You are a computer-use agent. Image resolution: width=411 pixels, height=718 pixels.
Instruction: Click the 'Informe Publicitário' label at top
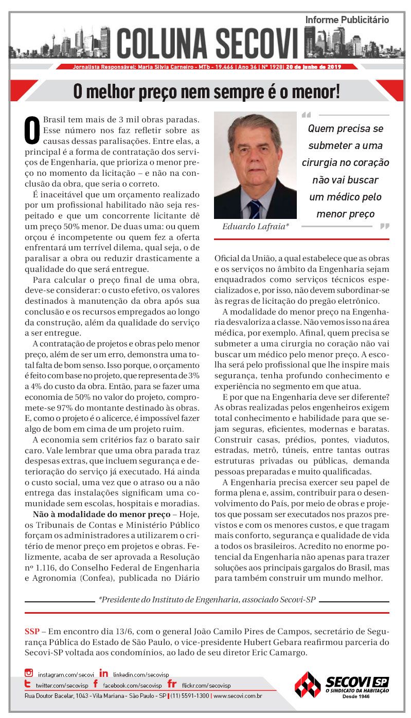[x=347, y=20]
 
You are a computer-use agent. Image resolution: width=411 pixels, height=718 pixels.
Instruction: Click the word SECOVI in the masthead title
[x=256, y=43]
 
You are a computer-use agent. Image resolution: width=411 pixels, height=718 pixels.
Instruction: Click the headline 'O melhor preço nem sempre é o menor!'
[x=206, y=92]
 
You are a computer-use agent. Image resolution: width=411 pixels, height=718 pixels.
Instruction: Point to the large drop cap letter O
[x=32, y=130]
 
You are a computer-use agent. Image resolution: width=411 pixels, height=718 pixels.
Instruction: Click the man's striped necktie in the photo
[x=255, y=209]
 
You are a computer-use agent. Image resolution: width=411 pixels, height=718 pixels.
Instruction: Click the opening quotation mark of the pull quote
[x=307, y=115]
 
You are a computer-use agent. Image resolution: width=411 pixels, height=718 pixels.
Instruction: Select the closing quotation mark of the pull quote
[x=384, y=226]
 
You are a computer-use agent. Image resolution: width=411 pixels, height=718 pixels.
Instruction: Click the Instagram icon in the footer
[x=29, y=673]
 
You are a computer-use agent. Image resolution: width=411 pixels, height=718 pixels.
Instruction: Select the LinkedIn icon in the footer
[x=104, y=673]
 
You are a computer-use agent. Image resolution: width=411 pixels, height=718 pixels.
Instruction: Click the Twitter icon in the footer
[x=29, y=685]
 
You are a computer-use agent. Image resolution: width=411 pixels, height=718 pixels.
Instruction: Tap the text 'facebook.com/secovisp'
[x=132, y=686]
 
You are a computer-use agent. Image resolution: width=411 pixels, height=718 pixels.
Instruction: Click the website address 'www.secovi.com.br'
[x=238, y=696]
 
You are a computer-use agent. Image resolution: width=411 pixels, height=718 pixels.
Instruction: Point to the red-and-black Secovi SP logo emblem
[x=307, y=684]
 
